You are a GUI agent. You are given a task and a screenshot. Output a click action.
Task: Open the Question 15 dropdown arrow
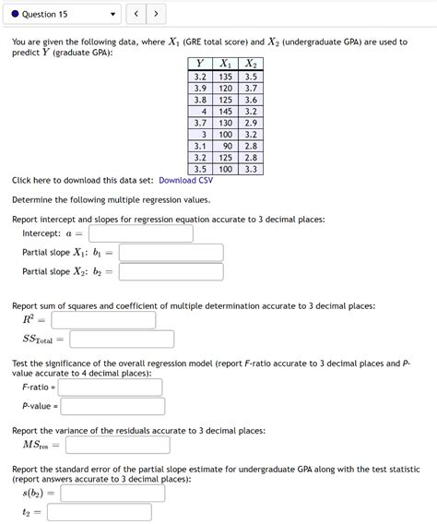tap(112, 14)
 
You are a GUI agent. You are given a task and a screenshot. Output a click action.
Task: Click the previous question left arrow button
tap(136, 14)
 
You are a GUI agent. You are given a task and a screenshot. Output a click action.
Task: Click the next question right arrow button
tap(157, 14)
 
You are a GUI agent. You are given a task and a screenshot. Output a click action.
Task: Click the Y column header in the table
tap(199, 64)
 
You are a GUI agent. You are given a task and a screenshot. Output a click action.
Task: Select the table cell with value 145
tap(225, 111)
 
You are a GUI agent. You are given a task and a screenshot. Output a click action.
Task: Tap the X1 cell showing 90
tap(225, 146)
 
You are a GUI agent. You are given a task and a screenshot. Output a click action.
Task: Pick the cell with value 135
tap(225, 76)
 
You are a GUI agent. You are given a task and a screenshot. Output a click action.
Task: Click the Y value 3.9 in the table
tap(199, 88)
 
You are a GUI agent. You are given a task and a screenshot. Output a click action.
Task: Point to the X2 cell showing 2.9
tap(251, 123)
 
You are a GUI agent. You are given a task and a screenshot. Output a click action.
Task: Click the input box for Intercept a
tap(140, 233)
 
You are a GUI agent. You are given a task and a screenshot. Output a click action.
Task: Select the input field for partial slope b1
tap(171, 252)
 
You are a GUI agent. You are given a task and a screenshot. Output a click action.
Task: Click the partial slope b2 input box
tap(171, 271)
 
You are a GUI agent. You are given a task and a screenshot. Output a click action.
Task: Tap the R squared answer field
tap(103, 319)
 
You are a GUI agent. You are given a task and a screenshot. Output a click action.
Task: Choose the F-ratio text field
tap(110, 387)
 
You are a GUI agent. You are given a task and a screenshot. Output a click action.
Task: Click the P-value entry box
tap(112, 406)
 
